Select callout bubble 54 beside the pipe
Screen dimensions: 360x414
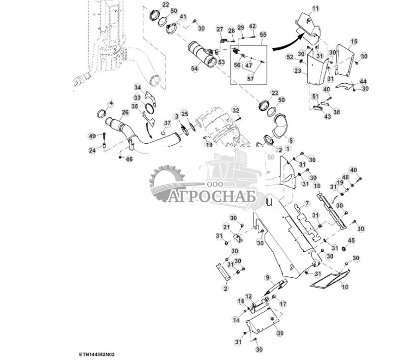195,69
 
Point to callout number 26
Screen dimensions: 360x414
126,112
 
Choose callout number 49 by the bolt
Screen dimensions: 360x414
92,136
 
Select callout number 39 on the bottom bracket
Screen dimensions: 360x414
280,333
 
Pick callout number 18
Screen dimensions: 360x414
318,186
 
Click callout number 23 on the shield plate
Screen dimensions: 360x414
298,70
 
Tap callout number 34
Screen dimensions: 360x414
138,87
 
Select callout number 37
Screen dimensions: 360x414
167,123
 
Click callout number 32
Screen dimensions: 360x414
236,110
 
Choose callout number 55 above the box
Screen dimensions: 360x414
263,35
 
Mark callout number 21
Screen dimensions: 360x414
226,227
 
